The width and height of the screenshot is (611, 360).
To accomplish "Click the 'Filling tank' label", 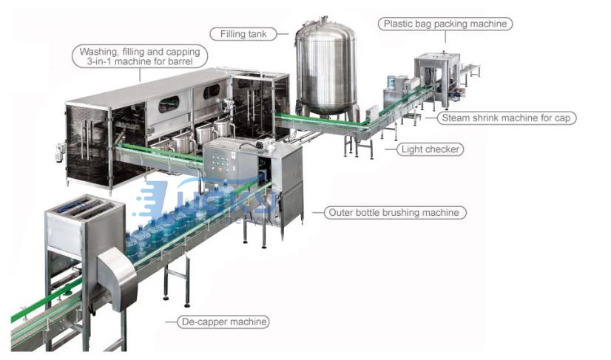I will [x=243, y=33].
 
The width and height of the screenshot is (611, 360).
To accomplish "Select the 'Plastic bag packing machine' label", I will [x=446, y=24].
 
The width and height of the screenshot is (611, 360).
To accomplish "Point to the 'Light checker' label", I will [x=431, y=149].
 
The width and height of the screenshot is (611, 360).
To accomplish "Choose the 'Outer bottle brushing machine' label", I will [x=396, y=213].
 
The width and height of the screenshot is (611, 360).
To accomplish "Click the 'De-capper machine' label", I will [x=223, y=322].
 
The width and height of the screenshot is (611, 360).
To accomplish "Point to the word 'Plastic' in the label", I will [x=400, y=24].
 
